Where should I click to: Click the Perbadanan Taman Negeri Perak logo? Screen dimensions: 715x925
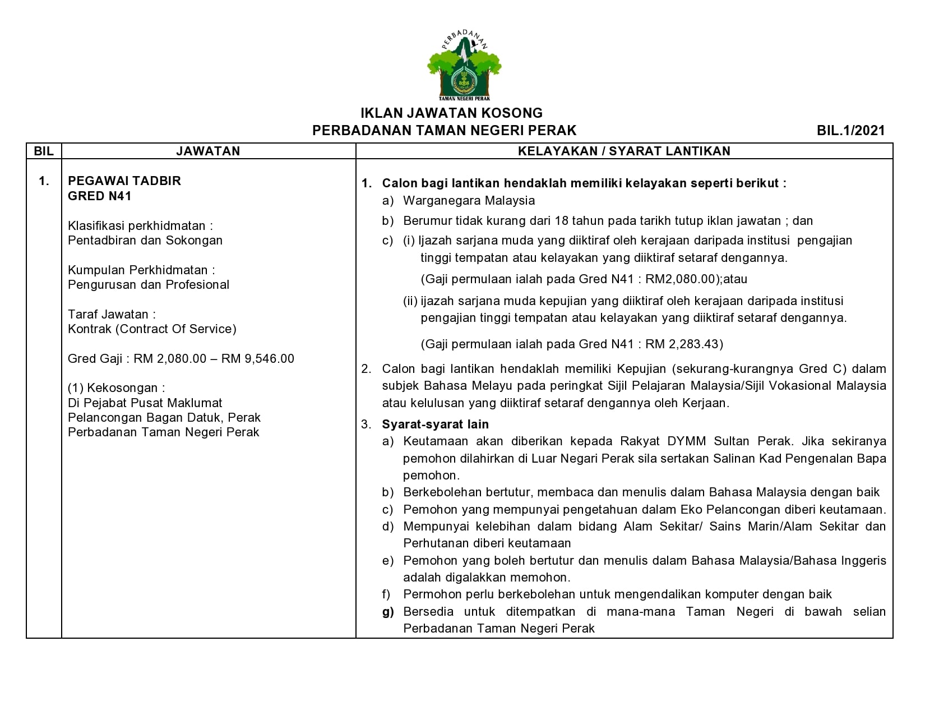(x=464, y=66)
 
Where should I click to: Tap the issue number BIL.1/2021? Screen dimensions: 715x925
(x=850, y=131)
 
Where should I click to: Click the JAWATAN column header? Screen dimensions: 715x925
(x=208, y=151)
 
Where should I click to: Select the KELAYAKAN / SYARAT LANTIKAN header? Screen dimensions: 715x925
(x=624, y=151)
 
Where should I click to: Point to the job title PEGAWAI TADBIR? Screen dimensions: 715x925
(x=124, y=181)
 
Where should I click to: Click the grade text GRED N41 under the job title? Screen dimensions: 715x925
(x=99, y=196)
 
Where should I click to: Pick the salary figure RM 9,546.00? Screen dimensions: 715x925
(x=258, y=358)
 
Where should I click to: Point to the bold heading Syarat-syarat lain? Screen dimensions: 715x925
(x=435, y=424)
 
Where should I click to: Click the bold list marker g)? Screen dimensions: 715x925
(x=388, y=611)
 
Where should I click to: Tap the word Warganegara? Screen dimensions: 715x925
(x=442, y=200)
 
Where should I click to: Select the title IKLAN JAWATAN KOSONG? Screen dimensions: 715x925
(x=451, y=113)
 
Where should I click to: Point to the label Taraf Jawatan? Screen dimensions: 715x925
(x=112, y=314)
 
